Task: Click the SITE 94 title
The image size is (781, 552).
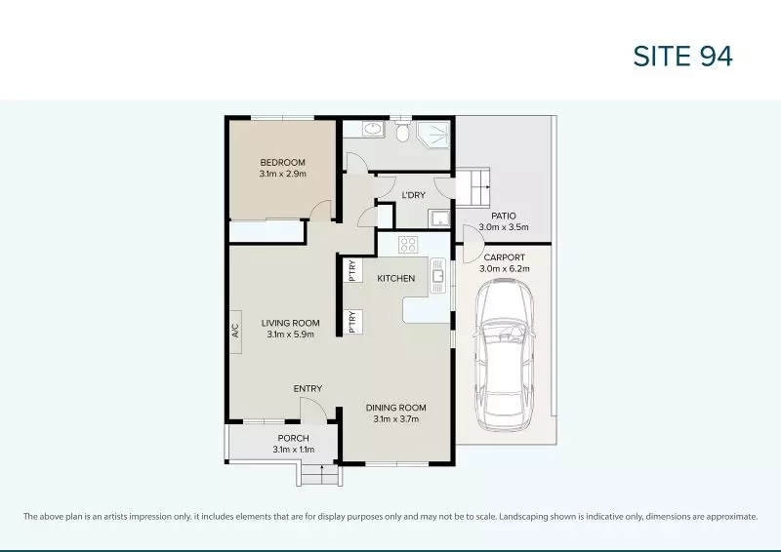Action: pos(682,56)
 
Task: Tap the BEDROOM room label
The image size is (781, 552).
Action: pos(282,162)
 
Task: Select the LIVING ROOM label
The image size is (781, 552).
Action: pos(290,323)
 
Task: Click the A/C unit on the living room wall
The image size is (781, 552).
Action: pos(235,332)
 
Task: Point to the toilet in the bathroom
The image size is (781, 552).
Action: pos(402,131)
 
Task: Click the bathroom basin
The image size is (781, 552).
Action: pos(372,130)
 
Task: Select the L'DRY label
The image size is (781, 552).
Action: pos(413,195)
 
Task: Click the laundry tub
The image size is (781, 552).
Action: pos(439,218)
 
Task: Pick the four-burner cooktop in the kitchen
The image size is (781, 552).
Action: pos(408,245)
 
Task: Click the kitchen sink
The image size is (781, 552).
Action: pos(437,275)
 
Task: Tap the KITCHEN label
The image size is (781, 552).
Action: pos(396,278)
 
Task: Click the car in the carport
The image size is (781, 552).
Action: pos(504,354)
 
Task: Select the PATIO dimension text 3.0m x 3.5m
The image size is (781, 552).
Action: pos(504,227)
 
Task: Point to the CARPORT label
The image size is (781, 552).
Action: pos(504,257)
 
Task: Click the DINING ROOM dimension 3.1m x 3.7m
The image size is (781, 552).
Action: pos(396,419)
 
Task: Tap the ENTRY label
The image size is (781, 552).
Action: pos(308,389)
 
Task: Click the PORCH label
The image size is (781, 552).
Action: pos(294,438)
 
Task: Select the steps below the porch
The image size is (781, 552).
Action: pos(320,474)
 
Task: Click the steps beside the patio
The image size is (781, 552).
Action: pos(473,187)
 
